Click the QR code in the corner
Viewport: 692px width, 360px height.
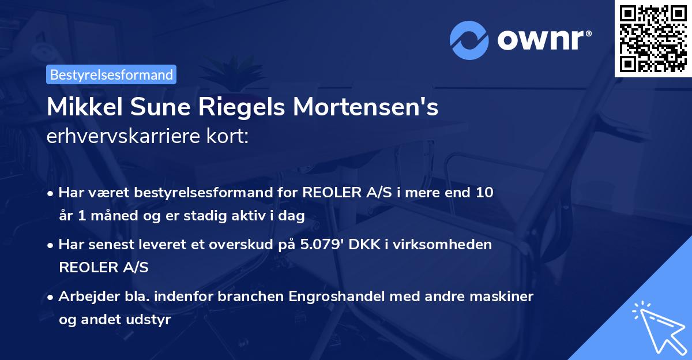point(653,39)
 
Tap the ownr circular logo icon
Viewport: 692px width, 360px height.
point(469,40)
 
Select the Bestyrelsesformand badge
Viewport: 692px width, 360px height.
point(111,74)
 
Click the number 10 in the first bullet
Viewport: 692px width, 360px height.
point(484,192)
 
